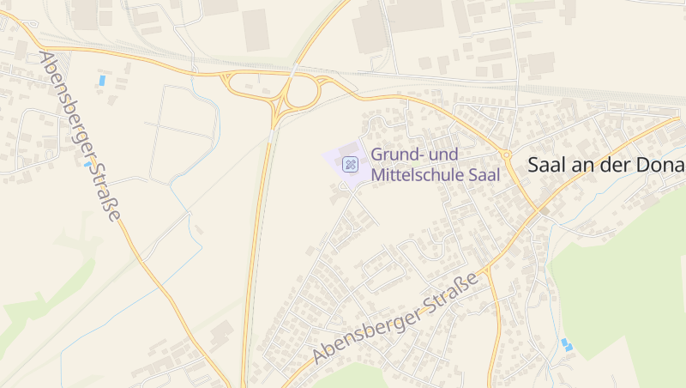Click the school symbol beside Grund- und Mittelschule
pos(350,164)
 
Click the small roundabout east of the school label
pos(507,155)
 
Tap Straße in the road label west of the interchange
pos(105,191)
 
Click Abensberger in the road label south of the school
pos(369,330)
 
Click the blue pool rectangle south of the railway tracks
pos(103,81)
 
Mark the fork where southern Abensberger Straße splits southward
pos(486,272)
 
